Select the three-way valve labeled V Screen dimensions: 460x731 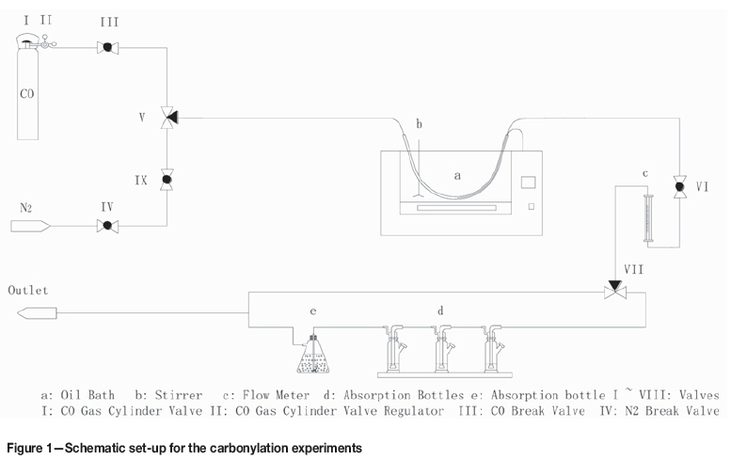tap(167, 118)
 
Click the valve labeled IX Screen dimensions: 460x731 tap(167, 178)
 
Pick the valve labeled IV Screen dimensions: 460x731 tap(106, 225)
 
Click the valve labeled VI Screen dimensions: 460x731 tap(679, 187)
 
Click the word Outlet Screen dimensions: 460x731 tap(28, 291)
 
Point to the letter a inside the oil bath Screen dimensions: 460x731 tap(458, 175)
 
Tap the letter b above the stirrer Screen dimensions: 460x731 tap(420, 124)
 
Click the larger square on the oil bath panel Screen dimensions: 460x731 tap(529, 181)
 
